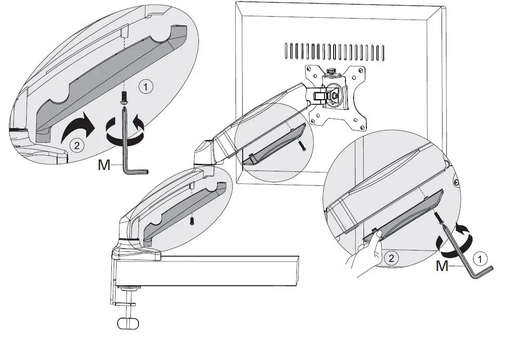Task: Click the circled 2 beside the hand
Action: pos(391,259)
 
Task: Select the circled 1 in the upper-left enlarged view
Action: pos(146,87)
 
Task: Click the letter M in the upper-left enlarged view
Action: pos(104,165)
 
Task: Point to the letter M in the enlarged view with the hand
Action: pos(442,266)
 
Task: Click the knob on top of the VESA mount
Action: pos(331,71)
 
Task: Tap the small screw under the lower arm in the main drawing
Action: pos(191,221)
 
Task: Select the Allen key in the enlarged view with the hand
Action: pos(469,257)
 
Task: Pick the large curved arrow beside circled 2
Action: pos(79,127)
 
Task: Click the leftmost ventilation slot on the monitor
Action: pos(286,50)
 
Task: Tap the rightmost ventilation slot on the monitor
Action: pos(384,52)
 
